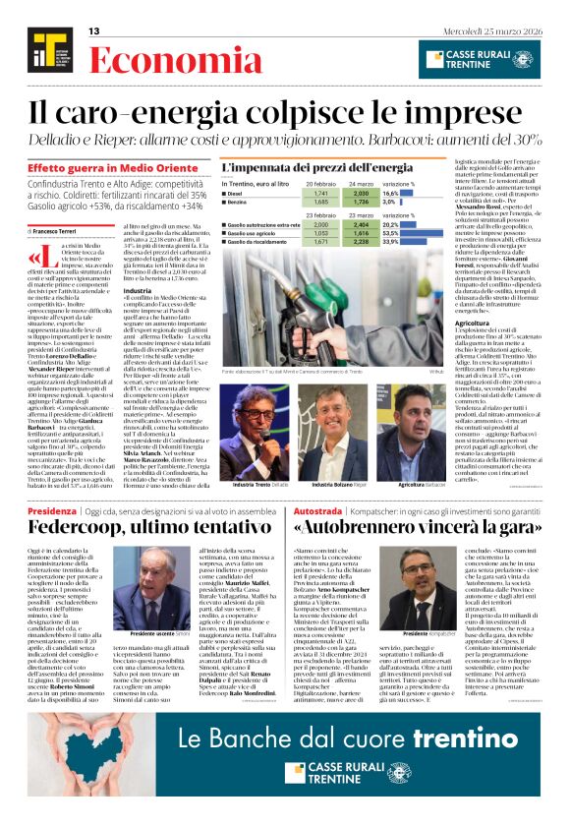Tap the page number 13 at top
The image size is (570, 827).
pos(94,31)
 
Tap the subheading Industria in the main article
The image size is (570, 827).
pos(138,291)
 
